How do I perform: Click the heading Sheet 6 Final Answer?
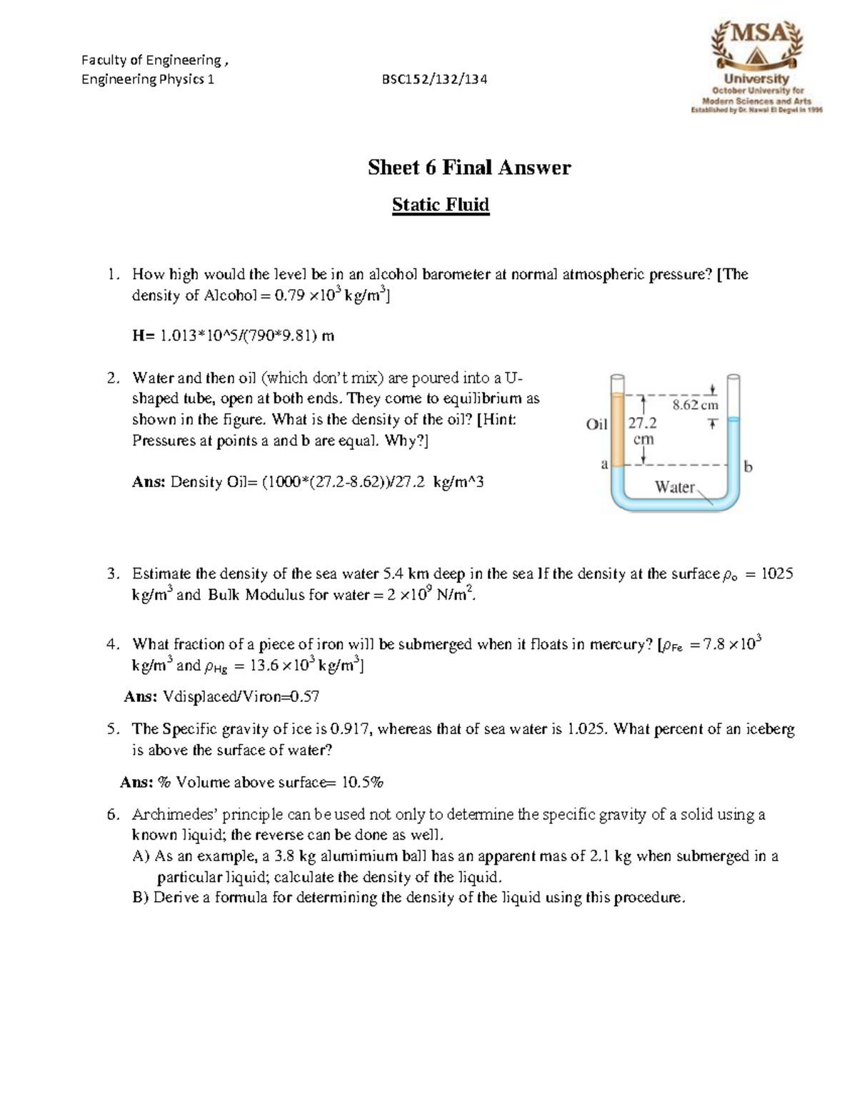coord(469,168)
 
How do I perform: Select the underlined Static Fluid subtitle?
coord(441,206)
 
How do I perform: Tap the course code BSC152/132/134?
coord(435,79)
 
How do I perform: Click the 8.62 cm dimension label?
coord(695,405)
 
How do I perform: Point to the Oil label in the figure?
coord(596,424)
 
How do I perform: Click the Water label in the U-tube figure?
coord(675,487)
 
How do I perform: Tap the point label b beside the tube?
coord(748,467)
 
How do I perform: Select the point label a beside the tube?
coord(604,464)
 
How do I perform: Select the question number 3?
coord(111,573)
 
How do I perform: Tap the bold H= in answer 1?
coord(143,336)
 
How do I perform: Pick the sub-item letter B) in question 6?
coord(141,898)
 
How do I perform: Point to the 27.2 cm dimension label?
coord(643,431)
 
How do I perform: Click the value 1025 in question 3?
coord(777,573)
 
